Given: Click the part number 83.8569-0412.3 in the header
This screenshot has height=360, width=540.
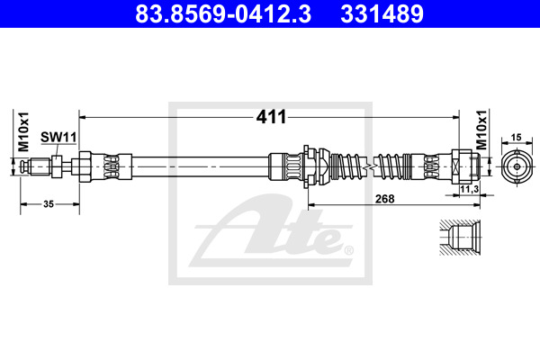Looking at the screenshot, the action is [x=223, y=13].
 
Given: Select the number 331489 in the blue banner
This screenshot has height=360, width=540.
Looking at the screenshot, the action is [x=382, y=13].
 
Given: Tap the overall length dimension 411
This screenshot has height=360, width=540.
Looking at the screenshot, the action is [x=271, y=117].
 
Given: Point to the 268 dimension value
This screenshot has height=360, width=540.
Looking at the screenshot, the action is [x=384, y=199].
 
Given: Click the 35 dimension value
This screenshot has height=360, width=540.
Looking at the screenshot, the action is [x=49, y=204].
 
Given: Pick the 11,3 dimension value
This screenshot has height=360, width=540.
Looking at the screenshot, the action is [x=470, y=189].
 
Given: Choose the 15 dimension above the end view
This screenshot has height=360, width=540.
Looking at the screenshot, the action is [x=516, y=138].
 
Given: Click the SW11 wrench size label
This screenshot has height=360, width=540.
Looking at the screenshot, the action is [x=58, y=137].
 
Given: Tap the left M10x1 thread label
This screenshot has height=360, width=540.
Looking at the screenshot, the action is [x=24, y=131].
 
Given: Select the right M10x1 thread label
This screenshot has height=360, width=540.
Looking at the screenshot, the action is [x=482, y=130].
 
